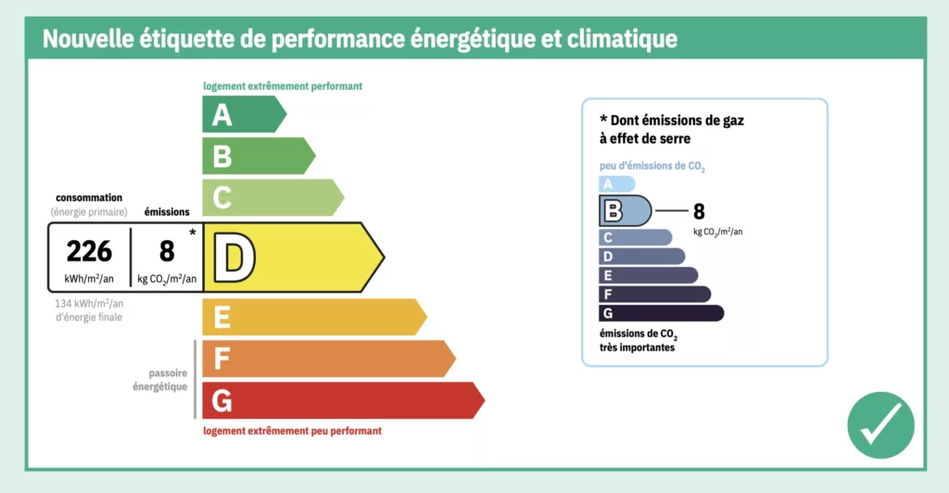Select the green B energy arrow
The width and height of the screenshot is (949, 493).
(x=259, y=156)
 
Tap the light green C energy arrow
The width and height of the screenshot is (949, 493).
(x=273, y=197)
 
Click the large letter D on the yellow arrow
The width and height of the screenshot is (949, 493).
(x=234, y=258)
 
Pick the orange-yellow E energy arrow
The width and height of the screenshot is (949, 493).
(x=314, y=316)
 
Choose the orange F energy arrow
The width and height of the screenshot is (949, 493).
(x=329, y=358)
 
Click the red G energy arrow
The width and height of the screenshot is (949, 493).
(x=343, y=399)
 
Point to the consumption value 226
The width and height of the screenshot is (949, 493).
(x=89, y=251)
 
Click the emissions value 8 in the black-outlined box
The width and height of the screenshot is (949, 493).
(x=167, y=251)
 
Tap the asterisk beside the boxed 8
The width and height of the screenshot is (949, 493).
(x=193, y=233)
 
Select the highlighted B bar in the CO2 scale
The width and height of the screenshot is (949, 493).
(x=626, y=210)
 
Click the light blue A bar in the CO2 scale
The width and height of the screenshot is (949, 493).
(x=616, y=183)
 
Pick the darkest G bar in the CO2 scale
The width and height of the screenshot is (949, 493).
(x=661, y=313)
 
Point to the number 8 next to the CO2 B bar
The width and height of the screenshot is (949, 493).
(x=699, y=211)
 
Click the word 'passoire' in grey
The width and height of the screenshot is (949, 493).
(x=168, y=373)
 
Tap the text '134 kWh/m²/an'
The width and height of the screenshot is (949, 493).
(x=89, y=304)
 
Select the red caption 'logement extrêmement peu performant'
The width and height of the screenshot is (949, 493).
(x=292, y=431)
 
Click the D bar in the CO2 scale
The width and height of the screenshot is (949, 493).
(x=641, y=257)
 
